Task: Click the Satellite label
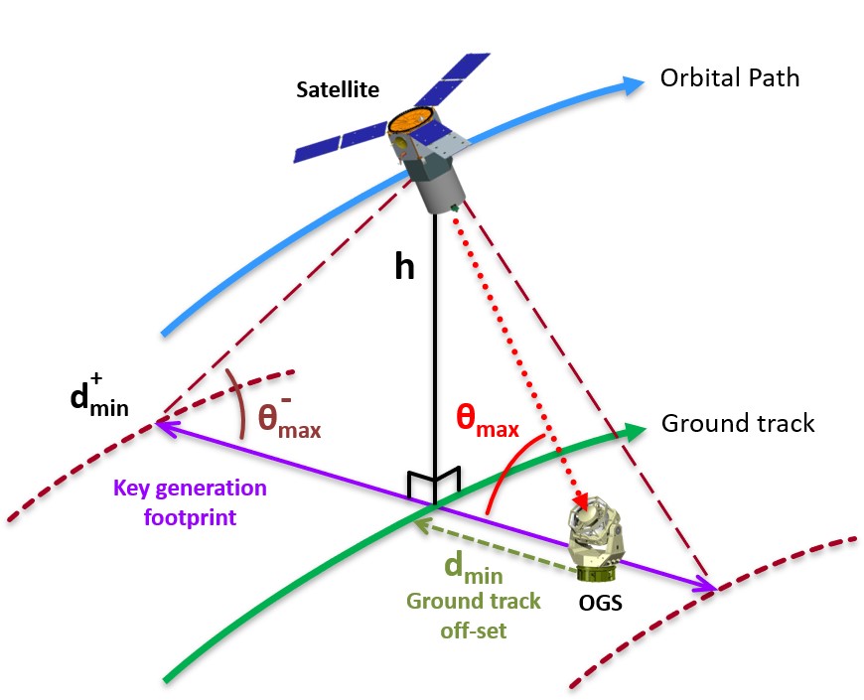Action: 338,90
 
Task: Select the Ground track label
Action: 737,423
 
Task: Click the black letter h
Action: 404,268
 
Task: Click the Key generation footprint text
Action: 191,502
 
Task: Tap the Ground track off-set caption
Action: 473,615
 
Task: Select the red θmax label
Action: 487,419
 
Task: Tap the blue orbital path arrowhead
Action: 631,84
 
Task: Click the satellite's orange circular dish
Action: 407,123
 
